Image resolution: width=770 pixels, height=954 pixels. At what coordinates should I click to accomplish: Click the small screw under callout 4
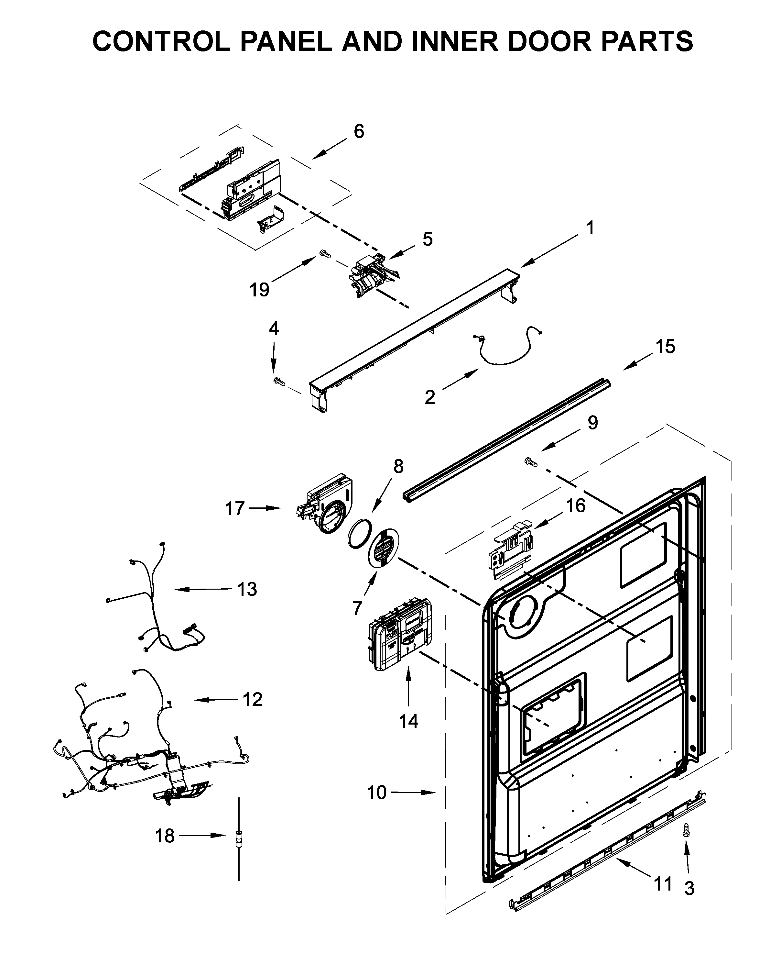click(278, 380)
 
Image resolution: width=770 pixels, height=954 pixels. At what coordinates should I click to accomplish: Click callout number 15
click(665, 347)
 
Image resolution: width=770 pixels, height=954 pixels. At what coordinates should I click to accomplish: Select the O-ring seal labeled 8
click(359, 535)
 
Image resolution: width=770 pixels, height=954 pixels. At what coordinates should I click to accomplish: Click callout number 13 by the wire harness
click(247, 589)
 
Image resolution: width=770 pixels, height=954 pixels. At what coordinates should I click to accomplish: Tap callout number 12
click(252, 700)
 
